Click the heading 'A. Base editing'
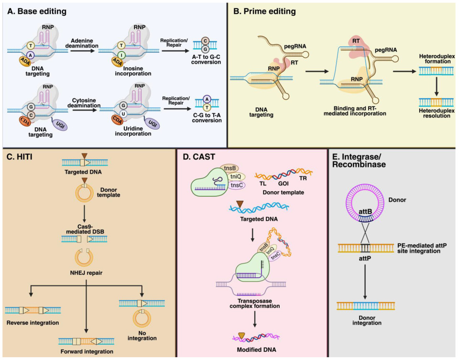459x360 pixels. coord(37,11)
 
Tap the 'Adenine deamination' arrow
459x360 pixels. coord(83,51)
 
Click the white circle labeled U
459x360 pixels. coord(123,114)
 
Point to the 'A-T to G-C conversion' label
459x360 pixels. coord(206,59)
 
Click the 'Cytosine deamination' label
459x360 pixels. coord(84,103)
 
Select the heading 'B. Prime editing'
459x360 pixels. coord(264,11)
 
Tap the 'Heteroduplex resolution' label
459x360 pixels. coord(437,113)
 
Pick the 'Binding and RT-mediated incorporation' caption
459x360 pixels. coord(355,111)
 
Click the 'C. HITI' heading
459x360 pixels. coord(19,157)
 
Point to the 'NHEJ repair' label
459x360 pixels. coord(86,273)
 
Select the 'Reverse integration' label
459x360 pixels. coord(33,323)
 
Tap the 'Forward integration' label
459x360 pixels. coord(87,351)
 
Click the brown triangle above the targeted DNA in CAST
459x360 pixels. coord(240,204)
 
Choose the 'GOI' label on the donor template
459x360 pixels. coord(284,184)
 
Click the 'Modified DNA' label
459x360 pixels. coord(256,350)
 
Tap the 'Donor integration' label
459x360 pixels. coord(367,320)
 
